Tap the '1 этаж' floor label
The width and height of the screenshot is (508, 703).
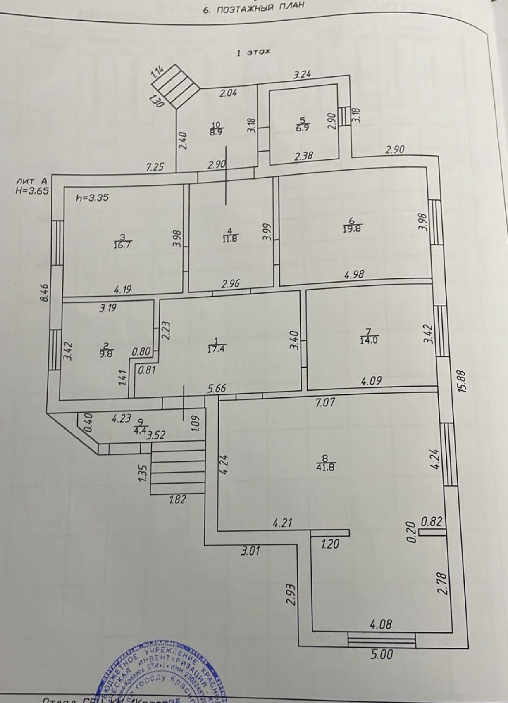coord(253,52)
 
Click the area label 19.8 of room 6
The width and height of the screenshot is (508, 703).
coord(353,228)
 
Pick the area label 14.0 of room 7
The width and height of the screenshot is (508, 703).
coord(369,340)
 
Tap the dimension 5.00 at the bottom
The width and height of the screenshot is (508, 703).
coord(381,653)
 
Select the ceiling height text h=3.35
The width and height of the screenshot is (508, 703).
coord(92,198)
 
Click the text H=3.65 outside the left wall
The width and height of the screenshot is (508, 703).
coord(32,191)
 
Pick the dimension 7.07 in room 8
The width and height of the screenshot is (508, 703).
coord(324,401)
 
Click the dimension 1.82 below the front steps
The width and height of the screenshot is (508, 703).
coord(178,500)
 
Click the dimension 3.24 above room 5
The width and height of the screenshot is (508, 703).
coord(302,75)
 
